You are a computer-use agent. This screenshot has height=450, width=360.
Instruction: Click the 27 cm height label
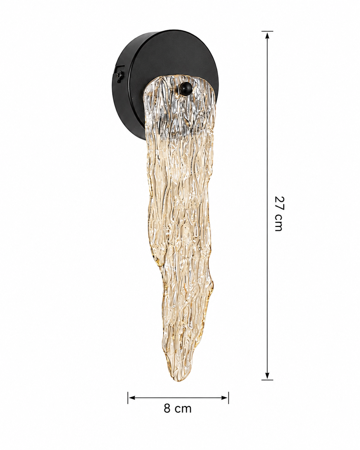click(278, 214)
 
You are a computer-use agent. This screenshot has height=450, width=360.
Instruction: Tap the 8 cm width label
click(177, 414)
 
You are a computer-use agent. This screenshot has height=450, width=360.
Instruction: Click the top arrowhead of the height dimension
click(267, 36)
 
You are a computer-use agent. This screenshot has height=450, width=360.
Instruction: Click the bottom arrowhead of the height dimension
click(267, 375)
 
